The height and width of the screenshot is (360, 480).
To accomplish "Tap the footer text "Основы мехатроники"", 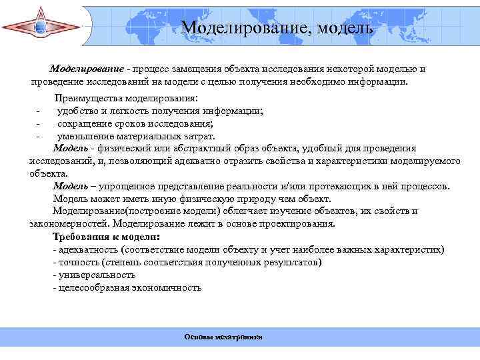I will coord(223,337).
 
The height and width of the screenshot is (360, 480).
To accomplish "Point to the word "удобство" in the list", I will coord(77,111).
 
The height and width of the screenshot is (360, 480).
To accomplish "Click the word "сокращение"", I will coord(83,123).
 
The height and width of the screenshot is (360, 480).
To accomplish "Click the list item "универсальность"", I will coord(96,274).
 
